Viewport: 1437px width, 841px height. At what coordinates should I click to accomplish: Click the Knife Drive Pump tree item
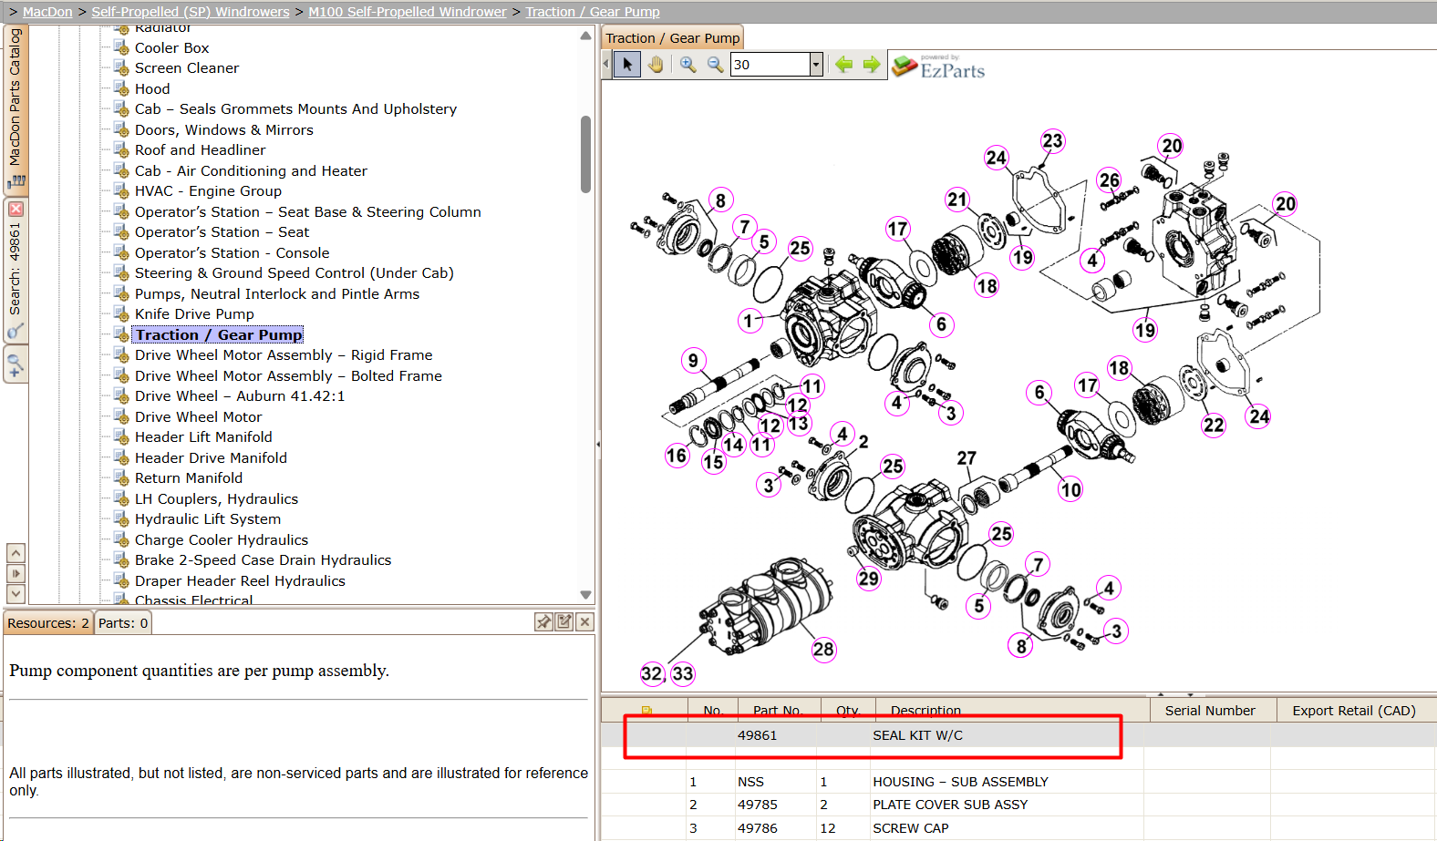[x=193, y=314]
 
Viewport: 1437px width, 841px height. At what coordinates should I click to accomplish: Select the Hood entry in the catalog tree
[x=152, y=89]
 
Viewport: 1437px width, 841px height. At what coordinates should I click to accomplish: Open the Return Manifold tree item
[x=188, y=478]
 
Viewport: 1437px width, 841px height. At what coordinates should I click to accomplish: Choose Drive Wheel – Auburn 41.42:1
[x=239, y=396]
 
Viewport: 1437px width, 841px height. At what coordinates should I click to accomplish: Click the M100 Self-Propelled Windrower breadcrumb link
[x=408, y=12]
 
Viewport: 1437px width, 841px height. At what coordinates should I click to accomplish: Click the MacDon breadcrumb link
[x=47, y=12]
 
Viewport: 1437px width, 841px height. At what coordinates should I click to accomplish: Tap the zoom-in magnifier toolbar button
[x=687, y=64]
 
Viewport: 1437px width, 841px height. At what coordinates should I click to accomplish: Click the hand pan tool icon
[x=655, y=64]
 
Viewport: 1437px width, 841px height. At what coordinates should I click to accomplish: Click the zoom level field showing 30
[x=770, y=64]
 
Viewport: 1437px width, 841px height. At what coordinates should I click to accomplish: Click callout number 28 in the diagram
[x=823, y=650]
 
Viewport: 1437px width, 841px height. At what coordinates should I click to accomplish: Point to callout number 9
[x=693, y=360]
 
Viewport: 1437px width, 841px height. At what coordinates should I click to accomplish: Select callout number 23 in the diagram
[x=1052, y=141]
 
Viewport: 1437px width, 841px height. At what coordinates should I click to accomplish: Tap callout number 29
[x=868, y=579]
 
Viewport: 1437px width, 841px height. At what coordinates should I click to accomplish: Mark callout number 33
[x=682, y=673]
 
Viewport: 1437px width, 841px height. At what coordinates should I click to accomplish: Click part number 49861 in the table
[x=757, y=735]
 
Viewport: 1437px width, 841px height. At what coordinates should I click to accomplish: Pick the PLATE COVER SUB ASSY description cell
[x=950, y=805]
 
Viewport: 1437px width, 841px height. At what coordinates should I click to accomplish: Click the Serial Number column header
[x=1210, y=710]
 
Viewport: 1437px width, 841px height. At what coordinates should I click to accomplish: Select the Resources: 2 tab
[x=48, y=623]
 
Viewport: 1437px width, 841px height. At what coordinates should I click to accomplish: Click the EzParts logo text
[x=952, y=70]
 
